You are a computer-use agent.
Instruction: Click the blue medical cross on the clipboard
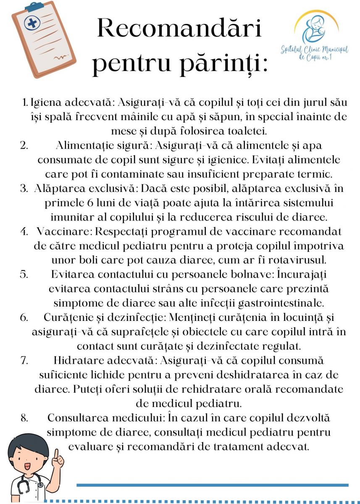(x=32, y=23)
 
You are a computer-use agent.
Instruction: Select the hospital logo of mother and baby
(x=316, y=29)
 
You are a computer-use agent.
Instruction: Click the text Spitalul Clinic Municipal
(x=314, y=50)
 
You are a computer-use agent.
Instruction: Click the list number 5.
(x=24, y=274)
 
